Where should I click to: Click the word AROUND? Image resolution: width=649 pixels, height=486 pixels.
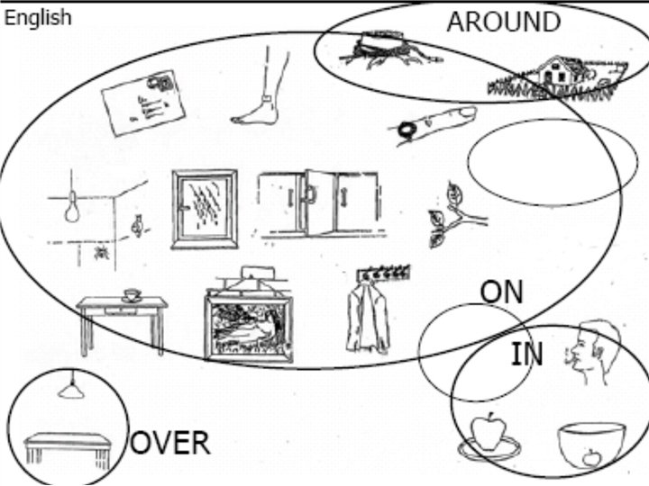[503, 22]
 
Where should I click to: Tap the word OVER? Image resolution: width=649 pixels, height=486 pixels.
[171, 442]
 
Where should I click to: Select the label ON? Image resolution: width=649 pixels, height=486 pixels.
[501, 291]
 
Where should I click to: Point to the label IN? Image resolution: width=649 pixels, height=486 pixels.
[527, 355]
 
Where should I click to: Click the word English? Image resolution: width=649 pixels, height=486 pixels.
[38, 17]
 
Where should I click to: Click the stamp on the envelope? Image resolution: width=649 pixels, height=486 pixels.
[163, 84]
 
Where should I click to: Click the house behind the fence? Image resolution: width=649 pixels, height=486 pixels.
[554, 71]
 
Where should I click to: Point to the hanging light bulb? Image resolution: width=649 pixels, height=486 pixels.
[70, 212]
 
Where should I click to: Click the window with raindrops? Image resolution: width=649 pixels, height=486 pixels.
[205, 209]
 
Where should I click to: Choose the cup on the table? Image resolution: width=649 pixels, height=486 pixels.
[132, 294]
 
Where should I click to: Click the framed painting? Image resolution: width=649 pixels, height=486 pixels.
[249, 324]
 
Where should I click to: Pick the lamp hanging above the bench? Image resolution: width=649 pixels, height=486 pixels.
[71, 389]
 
